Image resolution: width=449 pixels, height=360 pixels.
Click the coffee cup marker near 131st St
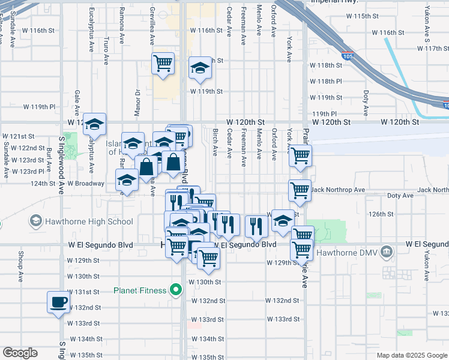coord(58,302)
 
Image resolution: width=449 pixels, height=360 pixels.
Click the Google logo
coord(20,353)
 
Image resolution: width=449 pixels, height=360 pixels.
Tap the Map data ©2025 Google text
coord(412,355)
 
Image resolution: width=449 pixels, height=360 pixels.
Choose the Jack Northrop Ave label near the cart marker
coord(338,190)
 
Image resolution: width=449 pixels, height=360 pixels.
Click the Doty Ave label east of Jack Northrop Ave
coord(400,196)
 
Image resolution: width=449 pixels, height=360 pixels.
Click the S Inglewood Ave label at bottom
coord(62,350)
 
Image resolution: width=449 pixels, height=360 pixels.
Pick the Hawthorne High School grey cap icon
coord(36,221)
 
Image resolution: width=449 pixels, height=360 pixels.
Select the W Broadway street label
coord(86,183)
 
